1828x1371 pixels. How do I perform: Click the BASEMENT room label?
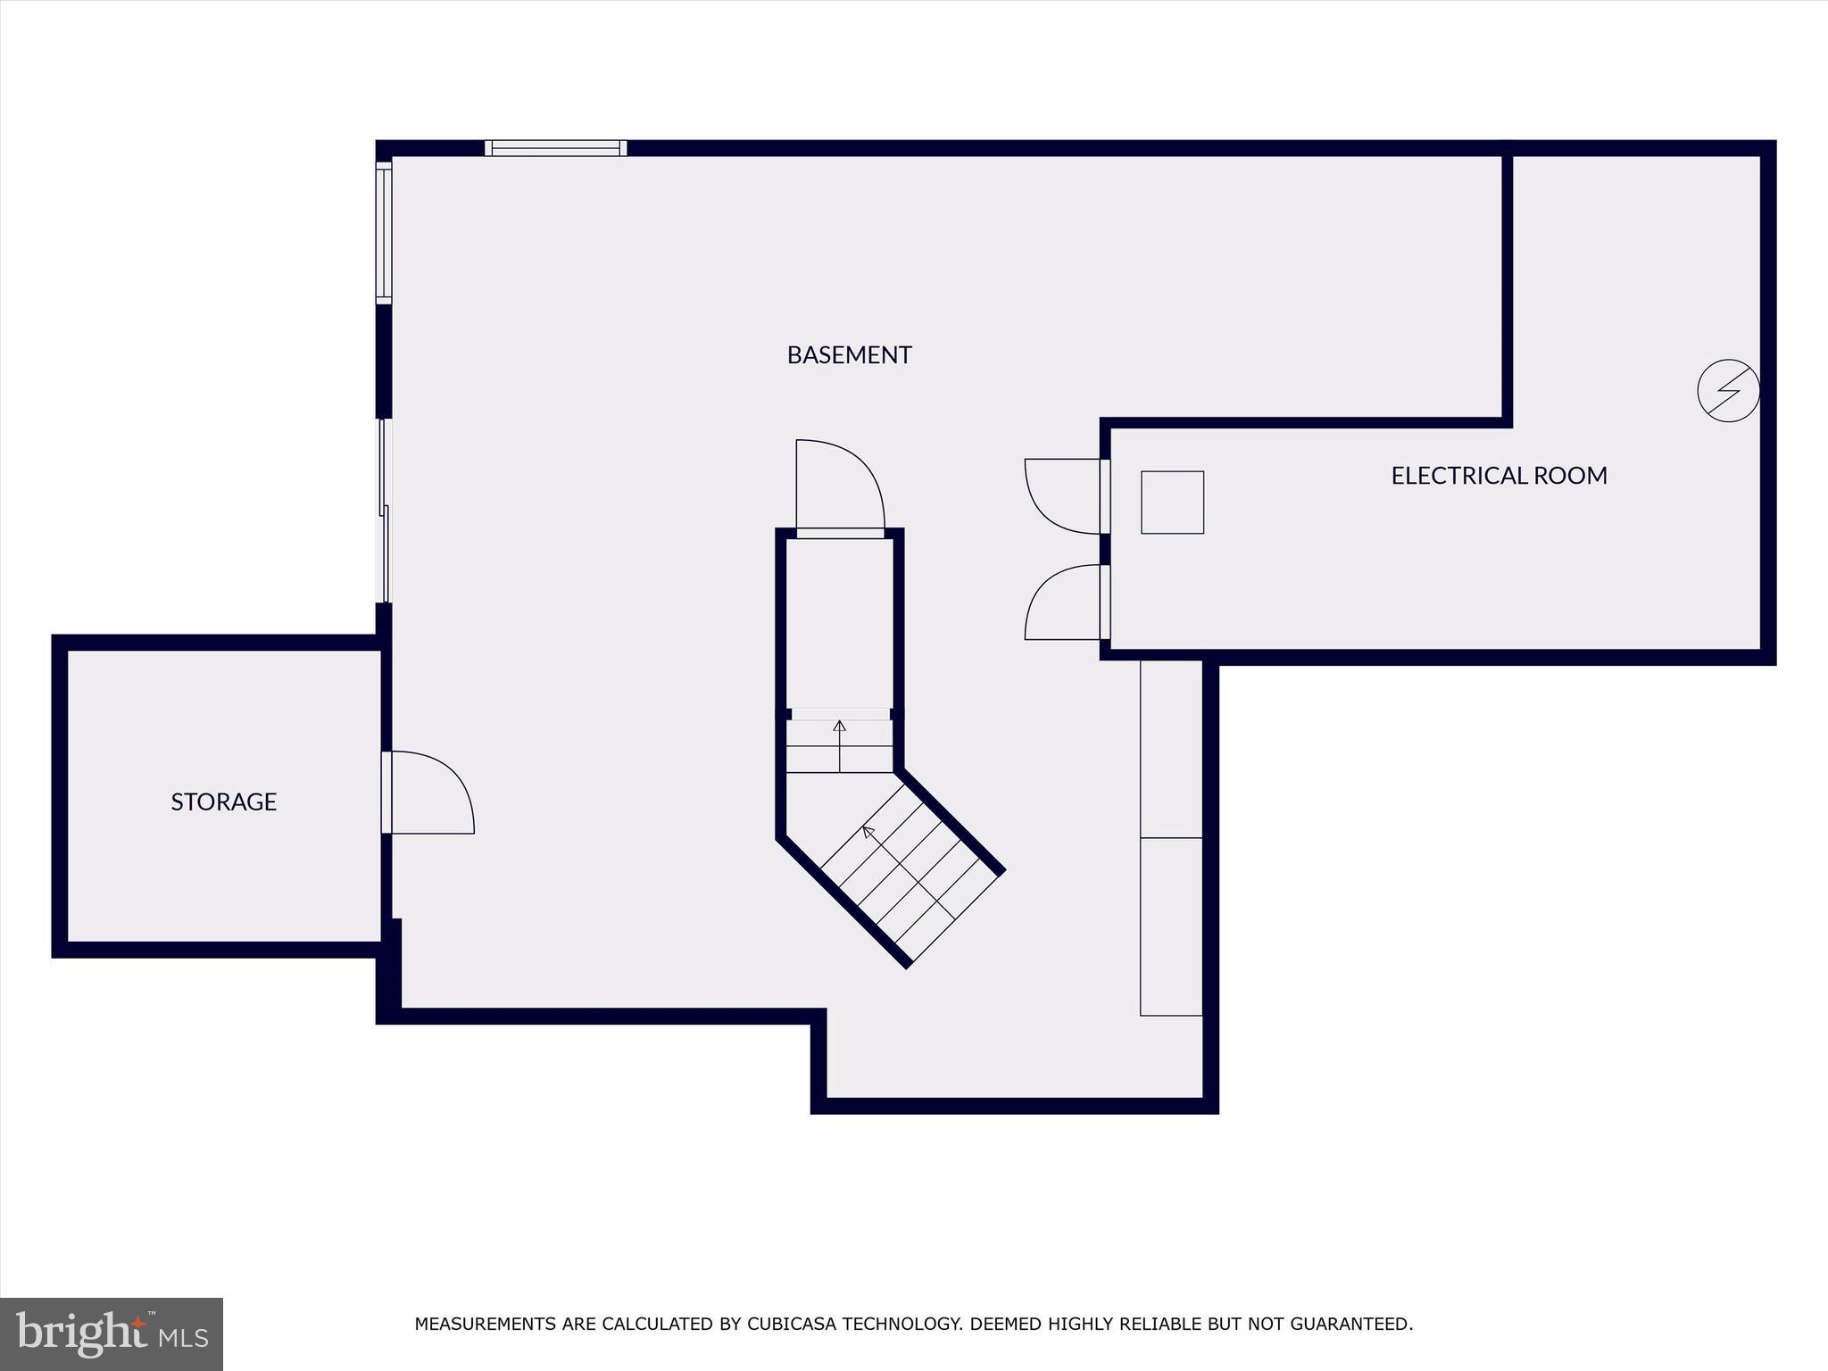tap(849, 355)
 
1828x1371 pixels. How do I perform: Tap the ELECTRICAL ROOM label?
tap(1499, 476)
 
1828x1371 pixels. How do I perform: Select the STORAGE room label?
tap(223, 802)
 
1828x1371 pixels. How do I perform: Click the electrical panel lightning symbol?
tap(1728, 390)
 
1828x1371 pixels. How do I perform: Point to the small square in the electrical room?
tap(1172, 503)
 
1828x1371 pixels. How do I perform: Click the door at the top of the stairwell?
tap(839, 486)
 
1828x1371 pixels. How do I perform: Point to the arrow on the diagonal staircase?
tap(868, 833)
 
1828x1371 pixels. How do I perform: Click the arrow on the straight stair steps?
tap(839, 727)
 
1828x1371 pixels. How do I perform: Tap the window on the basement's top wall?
tap(555, 148)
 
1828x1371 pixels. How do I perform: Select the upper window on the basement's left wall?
tap(384, 232)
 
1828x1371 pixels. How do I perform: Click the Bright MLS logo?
tap(111, 1334)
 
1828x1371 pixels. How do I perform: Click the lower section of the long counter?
tap(1171, 926)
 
